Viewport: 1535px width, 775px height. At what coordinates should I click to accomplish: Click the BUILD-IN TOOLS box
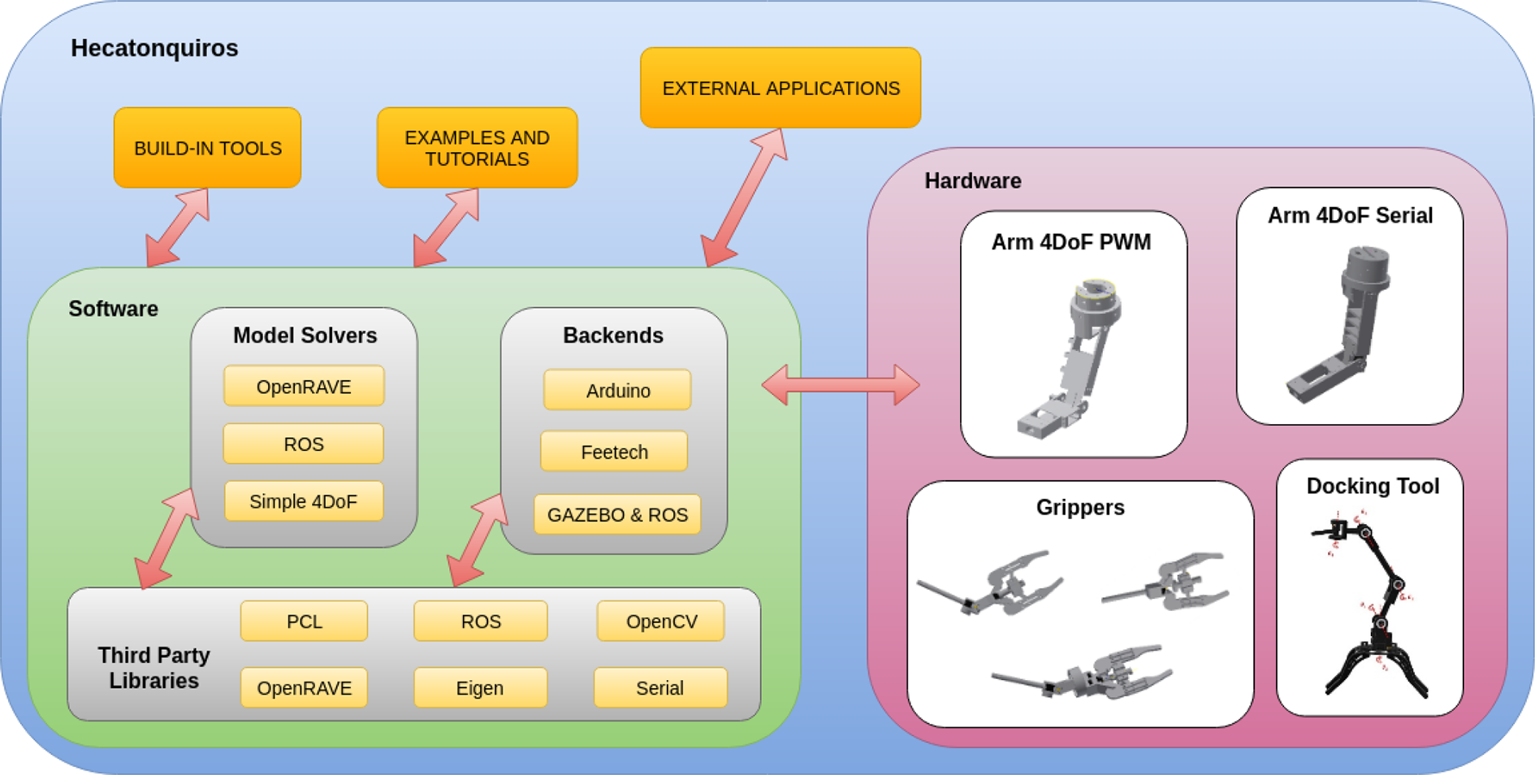pos(207,148)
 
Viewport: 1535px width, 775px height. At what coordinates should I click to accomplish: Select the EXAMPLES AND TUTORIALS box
pos(477,148)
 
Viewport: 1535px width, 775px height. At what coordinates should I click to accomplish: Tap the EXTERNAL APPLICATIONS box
pos(780,88)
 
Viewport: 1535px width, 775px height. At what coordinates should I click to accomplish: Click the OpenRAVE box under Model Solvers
pos(304,386)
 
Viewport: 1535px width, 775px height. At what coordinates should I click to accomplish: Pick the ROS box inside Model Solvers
pos(304,444)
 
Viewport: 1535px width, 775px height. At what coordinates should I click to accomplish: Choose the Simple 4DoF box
pos(304,501)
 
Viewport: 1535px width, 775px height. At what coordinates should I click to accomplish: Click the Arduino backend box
pos(617,390)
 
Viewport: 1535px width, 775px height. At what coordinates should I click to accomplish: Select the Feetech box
pos(614,452)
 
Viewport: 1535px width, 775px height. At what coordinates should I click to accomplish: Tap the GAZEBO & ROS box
pos(617,514)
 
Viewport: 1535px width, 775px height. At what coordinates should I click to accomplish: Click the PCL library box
pos(304,621)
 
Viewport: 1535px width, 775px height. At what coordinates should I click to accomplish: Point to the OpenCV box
pos(661,621)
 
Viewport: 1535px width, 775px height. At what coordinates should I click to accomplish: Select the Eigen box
pos(480,688)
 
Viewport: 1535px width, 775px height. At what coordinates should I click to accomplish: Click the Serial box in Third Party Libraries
pos(660,688)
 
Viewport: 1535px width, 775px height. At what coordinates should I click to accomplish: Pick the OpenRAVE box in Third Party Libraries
pos(304,688)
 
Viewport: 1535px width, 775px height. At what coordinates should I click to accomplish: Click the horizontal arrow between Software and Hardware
pos(841,385)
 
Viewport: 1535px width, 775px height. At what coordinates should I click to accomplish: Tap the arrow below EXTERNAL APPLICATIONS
pos(744,197)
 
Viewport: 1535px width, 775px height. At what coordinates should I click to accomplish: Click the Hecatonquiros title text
pos(154,48)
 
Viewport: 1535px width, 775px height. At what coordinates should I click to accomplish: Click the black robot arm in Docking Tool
pos(1370,605)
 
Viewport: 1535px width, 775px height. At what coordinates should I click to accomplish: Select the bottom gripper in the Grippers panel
pos(1083,672)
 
